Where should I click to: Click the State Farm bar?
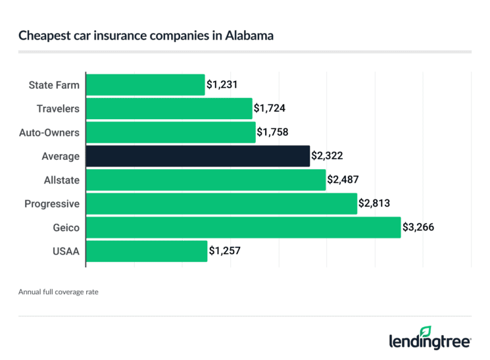145,85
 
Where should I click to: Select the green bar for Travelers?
169,109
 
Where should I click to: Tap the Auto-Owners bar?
171,132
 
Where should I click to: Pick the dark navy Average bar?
198,156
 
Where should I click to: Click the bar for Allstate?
206,180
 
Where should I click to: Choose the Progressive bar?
221,203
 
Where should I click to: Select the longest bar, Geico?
243,227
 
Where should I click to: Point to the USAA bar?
147,251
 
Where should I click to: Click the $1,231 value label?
222,85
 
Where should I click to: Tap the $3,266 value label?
418,227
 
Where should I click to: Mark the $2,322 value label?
327,156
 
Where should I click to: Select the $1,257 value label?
225,251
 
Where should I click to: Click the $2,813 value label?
374,203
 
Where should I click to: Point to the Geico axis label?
66,227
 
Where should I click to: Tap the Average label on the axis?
61,156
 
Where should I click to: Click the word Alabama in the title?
251,36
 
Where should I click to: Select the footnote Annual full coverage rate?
59,289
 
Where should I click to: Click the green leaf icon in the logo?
426,331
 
